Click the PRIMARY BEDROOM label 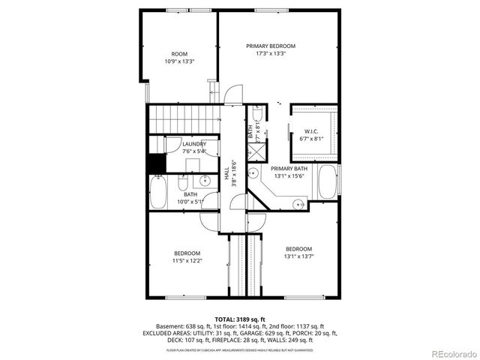tap(271, 46)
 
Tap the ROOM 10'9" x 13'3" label tap(179, 54)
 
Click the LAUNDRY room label tap(194, 143)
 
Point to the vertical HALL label tap(226, 173)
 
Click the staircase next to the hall tap(184, 118)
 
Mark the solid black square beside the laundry tap(156, 163)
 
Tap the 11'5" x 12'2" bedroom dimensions tap(187, 260)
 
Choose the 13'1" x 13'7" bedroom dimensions tap(298, 256)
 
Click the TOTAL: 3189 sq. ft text tap(240, 319)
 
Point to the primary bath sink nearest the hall tap(254, 173)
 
